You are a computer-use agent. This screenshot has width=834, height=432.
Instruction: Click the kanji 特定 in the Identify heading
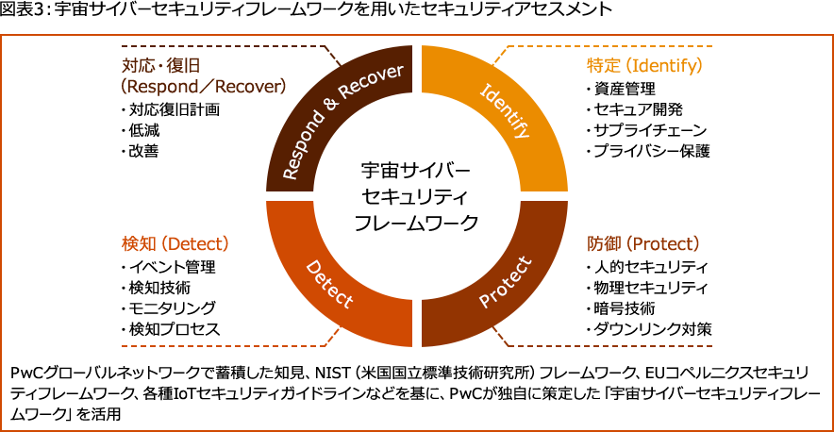[x=604, y=66]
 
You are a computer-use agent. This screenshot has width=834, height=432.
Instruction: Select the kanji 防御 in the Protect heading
[x=604, y=243]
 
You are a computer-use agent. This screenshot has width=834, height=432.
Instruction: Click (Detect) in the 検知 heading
[x=192, y=243]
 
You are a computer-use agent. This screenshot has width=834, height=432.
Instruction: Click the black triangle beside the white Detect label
[x=342, y=265]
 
